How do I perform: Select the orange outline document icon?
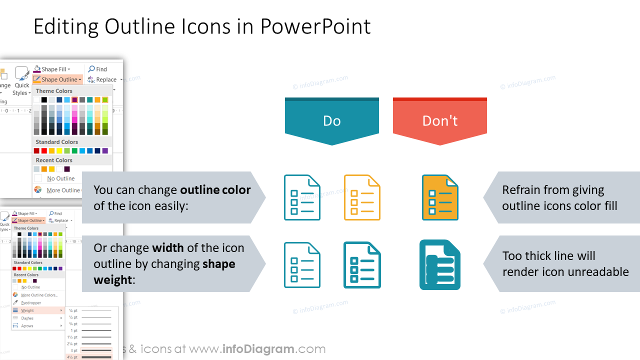point(362,197)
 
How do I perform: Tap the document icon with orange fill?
point(440,197)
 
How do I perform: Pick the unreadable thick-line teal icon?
point(439,265)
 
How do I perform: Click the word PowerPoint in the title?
point(315,26)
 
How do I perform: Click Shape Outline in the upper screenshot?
point(59,79)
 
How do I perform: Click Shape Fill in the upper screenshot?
point(53,69)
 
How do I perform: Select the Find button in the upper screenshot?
point(101,69)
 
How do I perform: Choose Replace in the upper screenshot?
point(106,79)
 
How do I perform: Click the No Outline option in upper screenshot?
point(60,178)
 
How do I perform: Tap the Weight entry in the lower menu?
point(27,310)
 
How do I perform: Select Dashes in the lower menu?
point(27,318)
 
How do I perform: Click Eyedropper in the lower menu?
point(31,303)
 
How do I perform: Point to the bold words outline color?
point(215,190)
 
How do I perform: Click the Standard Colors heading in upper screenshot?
point(56,142)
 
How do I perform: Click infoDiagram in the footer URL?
point(258,349)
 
